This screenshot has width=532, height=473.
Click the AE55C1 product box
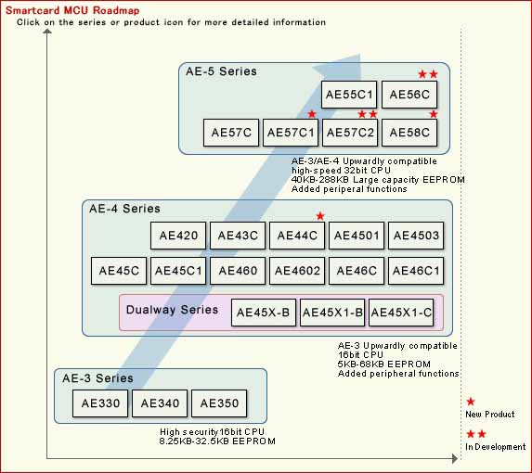tap(349, 95)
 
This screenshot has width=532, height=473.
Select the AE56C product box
tap(409, 95)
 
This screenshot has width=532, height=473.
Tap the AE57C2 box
tap(350, 133)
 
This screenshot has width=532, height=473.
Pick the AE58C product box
tap(409, 133)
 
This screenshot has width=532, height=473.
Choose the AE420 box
tap(178, 236)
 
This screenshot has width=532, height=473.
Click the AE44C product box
tap(297, 236)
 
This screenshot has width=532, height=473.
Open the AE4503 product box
tap(416, 236)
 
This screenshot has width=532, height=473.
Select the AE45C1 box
tap(178, 271)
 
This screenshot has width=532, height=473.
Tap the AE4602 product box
tap(297, 271)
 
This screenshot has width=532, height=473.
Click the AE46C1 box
tap(416, 271)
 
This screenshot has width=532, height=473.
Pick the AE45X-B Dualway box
tap(264, 313)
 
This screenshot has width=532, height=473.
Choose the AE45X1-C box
tap(401, 313)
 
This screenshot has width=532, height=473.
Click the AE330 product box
tap(100, 403)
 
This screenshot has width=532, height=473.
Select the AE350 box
tap(219, 403)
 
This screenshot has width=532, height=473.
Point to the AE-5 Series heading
tap(221, 71)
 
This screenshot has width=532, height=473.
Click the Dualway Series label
tap(172, 310)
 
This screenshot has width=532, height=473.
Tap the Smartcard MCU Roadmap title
tap(72, 10)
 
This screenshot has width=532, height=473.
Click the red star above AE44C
tap(320, 216)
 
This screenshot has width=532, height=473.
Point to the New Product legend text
tap(490, 414)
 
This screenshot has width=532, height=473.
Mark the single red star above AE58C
tap(434, 114)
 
